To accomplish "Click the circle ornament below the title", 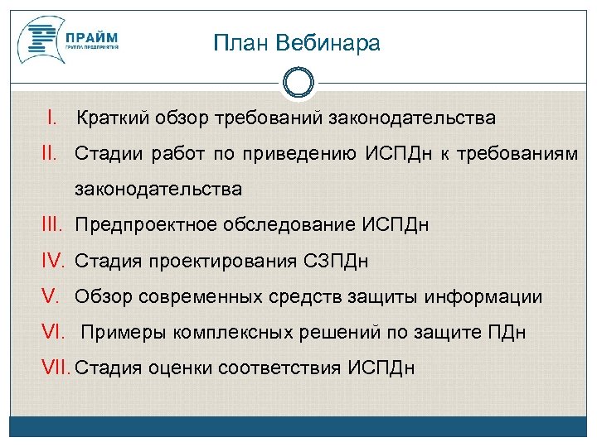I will [x=298, y=83].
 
